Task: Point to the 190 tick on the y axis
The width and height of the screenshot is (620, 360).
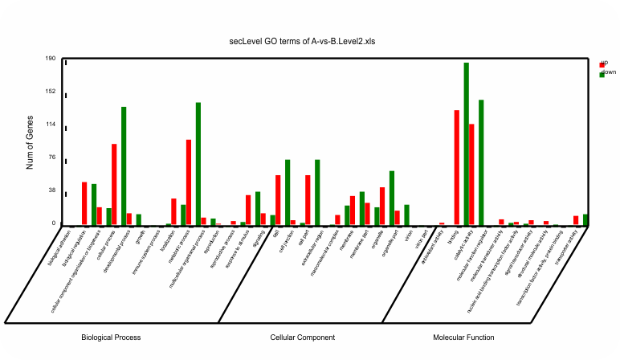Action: [x=50, y=59]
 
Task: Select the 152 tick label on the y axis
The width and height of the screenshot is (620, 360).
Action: [x=50, y=92]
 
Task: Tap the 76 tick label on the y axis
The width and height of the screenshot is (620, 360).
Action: [x=51, y=157]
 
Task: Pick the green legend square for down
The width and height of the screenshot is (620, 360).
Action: [x=602, y=74]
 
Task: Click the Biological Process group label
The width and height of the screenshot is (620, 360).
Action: [x=111, y=337]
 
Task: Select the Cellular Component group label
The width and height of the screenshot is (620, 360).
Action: [x=303, y=337]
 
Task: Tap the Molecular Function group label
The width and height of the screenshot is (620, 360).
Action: [x=463, y=337]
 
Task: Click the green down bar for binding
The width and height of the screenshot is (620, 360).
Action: [x=466, y=145]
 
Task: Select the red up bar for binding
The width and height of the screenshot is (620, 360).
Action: [x=456, y=168]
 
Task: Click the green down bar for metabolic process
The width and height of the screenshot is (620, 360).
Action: [x=198, y=164]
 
